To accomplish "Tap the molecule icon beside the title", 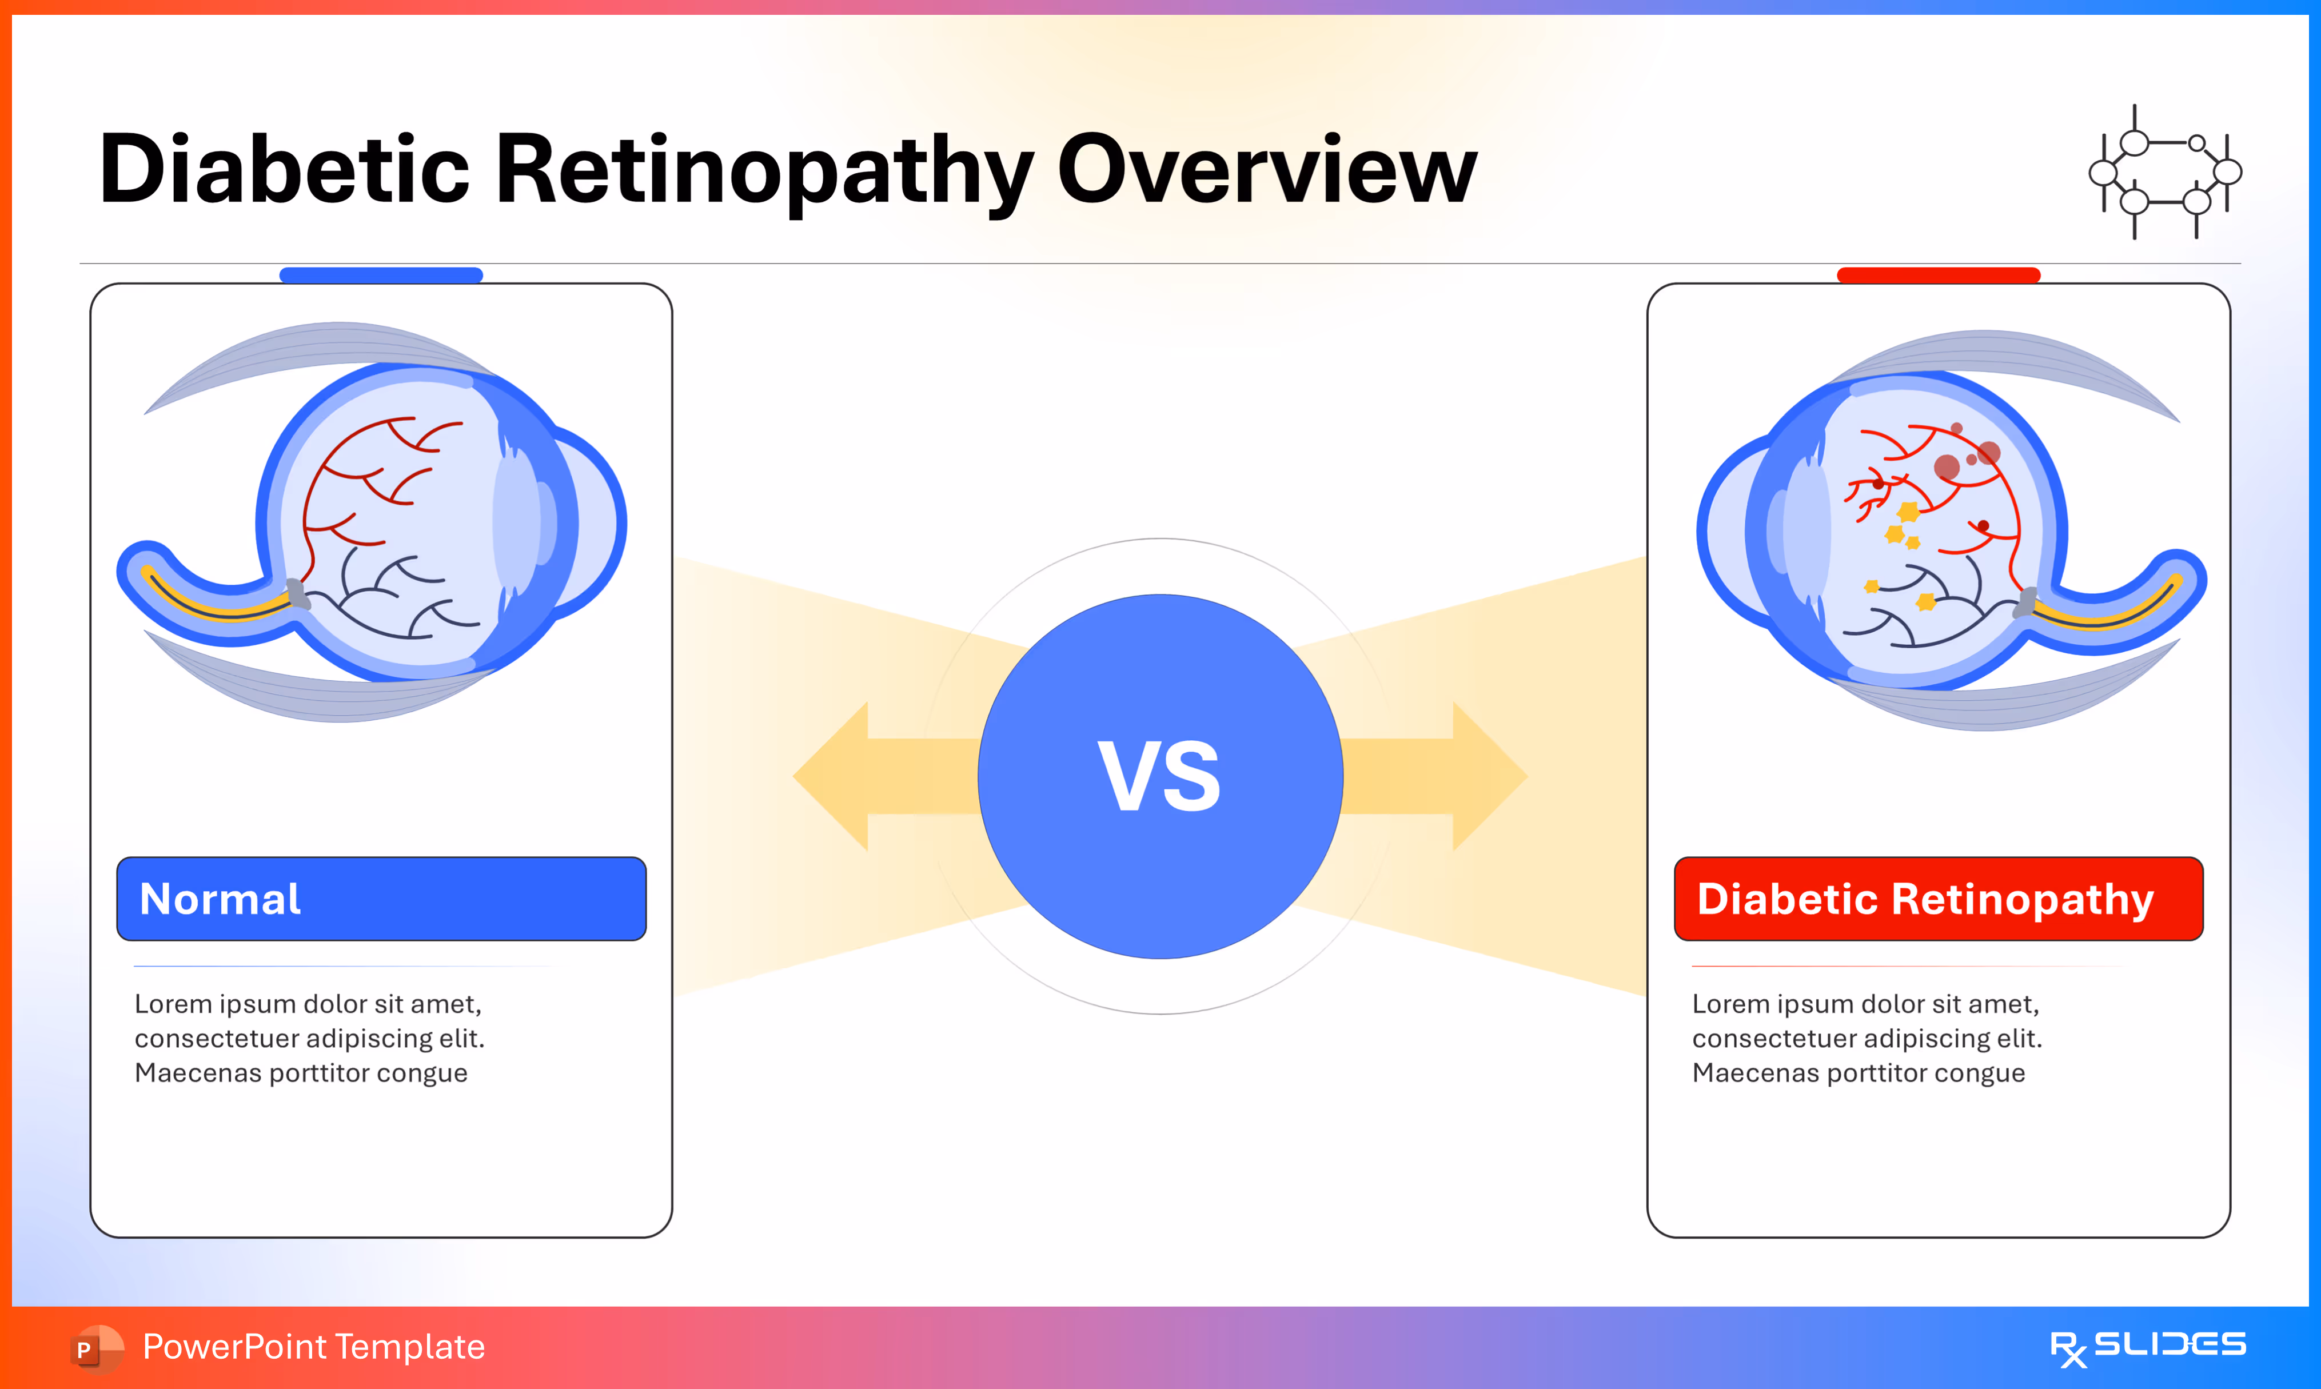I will click(x=2165, y=172).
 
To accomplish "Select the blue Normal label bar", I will click(x=381, y=899).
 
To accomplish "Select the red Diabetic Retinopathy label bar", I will click(x=1938, y=899).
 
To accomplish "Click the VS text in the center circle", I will click(x=1159, y=777).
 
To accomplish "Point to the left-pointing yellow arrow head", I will click(x=833, y=777).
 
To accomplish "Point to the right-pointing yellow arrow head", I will click(x=1488, y=777).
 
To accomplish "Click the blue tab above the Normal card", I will click(x=381, y=275).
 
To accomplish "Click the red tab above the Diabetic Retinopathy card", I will click(x=1938, y=275).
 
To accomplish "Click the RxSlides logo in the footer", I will click(x=2148, y=1347).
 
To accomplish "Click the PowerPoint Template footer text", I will click(x=313, y=1347).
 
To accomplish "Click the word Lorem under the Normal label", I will click(x=173, y=1004).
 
